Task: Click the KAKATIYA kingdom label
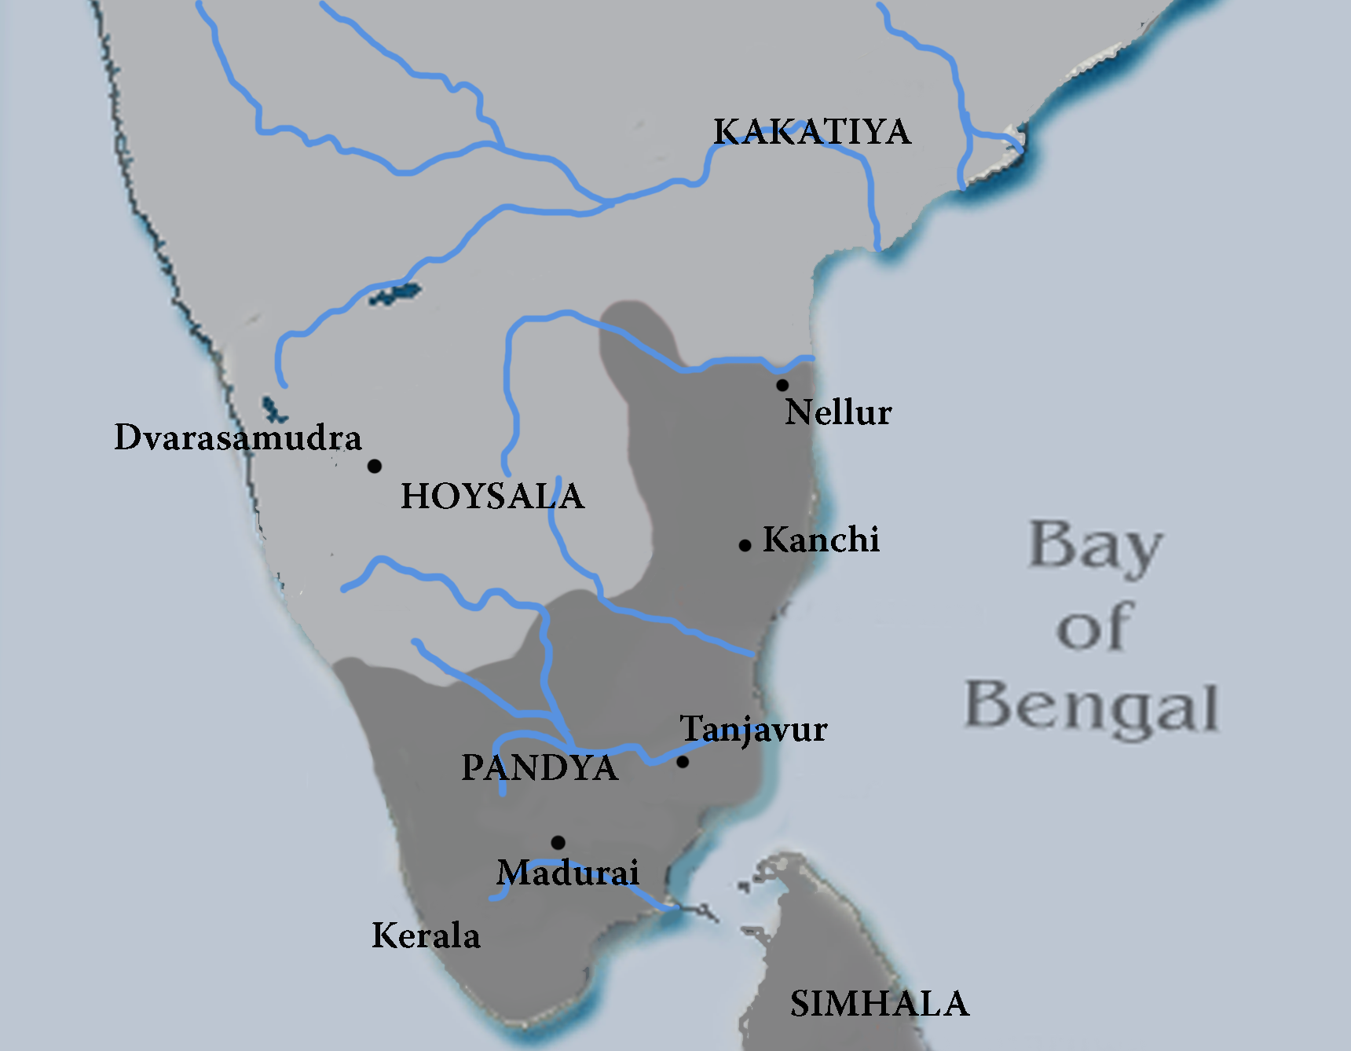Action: (x=812, y=132)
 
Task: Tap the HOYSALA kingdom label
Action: (x=492, y=496)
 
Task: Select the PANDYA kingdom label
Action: (x=540, y=767)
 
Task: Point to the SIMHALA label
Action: (x=880, y=1004)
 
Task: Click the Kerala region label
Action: (x=426, y=936)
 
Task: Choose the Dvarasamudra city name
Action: (x=238, y=438)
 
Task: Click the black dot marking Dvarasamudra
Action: (x=375, y=467)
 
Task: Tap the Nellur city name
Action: (x=838, y=412)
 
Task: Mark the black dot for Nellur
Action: (x=782, y=385)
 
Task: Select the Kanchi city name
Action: (x=821, y=540)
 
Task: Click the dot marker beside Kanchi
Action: (x=745, y=545)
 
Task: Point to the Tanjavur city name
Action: (x=753, y=730)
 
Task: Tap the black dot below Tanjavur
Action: (x=683, y=762)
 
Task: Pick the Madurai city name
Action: (x=568, y=873)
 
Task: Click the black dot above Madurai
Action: (x=558, y=843)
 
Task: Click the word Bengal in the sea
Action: (x=1092, y=707)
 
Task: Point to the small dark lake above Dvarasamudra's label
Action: (x=273, y=409)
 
